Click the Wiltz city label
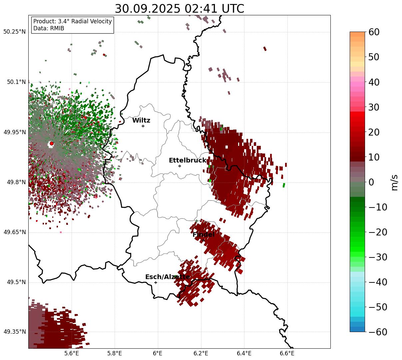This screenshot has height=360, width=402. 141,121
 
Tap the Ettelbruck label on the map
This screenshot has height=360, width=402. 188,161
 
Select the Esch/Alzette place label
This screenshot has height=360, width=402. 168,277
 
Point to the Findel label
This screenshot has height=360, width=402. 203,235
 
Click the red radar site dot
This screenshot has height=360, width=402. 52,144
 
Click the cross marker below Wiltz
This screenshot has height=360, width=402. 143,126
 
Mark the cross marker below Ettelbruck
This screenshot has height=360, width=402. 180,166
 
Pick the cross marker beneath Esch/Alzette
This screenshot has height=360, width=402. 156,282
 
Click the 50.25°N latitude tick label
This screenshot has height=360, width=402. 14,32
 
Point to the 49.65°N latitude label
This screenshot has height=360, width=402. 14,232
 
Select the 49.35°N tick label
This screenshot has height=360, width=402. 14,332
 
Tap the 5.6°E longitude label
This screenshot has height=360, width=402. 72,353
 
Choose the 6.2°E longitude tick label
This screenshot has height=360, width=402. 201,353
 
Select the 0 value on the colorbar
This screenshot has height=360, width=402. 371,182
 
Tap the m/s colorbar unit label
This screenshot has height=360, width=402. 395,182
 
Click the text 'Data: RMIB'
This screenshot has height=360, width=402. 49,29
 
